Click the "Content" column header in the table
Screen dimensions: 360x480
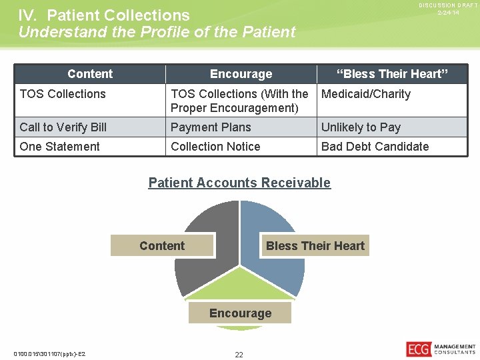(x=90, y=74)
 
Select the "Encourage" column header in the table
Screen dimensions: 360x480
(x=241, y=74)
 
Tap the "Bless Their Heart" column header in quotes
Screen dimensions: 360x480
(x=392, y=74)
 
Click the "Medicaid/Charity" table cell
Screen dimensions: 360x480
(x=366, y=94)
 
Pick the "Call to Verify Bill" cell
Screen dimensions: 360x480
(x=63, y=127)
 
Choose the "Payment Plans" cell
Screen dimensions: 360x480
(x=211, y=127)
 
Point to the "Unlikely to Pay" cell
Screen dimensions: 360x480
(x=361, y=127)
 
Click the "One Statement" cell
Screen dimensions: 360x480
(x=60, y=147)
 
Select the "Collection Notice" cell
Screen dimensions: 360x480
(x=215, y=147)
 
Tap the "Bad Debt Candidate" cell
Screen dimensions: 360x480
(x=375, y=147)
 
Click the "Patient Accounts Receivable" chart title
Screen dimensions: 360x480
(x=239, y=183)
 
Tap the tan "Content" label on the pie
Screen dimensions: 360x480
(x=162, y=246)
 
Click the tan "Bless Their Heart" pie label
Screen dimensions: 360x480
(x=315, y=246)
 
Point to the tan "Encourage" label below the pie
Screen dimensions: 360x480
(x=240, y=313)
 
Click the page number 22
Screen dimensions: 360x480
(x=239, y=355)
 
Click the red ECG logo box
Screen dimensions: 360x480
(x=418, y=349)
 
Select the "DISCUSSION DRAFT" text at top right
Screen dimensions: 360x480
(x=448, y=5)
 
